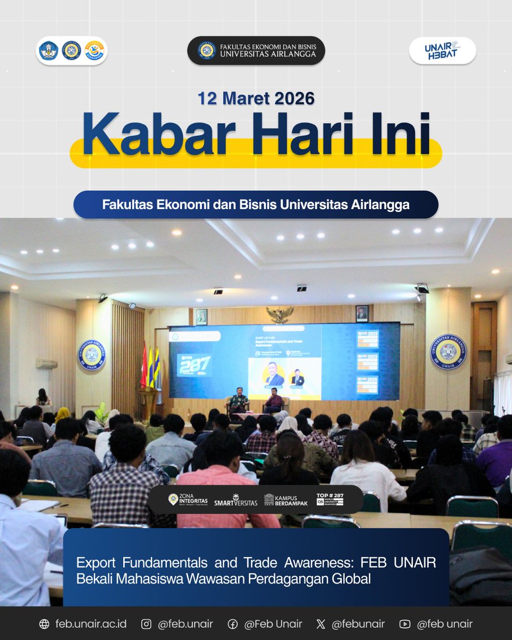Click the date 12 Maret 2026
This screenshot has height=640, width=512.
coord(256,99)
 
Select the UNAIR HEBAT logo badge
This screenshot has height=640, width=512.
coord(442,51)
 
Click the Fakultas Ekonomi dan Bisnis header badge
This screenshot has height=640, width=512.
coord(256,51)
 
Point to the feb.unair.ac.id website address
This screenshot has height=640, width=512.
coord(91,624)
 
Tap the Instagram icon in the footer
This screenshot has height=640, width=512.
coord(146,624)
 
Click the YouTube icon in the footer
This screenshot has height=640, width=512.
coord(405,624)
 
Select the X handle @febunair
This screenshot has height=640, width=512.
coord(357,624)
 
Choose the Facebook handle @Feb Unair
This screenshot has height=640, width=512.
coord(273,624)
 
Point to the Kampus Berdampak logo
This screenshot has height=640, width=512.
coord(286,499)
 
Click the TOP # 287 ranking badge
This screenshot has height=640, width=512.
coord(330,499)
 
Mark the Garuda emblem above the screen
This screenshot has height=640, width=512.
coord(280,314)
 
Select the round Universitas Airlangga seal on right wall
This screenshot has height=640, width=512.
coord(448,352)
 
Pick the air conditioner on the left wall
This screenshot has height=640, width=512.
coord(47,364)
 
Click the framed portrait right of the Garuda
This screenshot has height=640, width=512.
coord(362,313)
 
